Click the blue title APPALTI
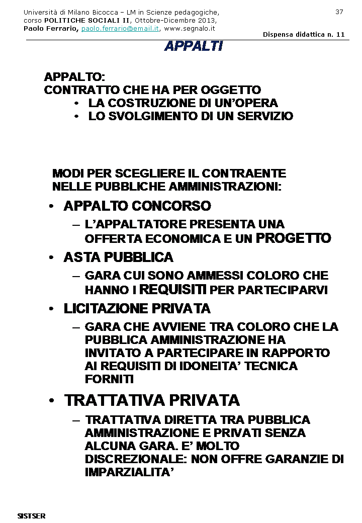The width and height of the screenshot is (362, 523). [x=193, y=46]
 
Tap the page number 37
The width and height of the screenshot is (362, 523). [x=339, y=12]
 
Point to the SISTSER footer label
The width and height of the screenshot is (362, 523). [x=32, y=516]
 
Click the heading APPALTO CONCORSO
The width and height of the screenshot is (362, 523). [x=137, y=206]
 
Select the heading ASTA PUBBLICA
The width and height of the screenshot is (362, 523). [x=118, y=257]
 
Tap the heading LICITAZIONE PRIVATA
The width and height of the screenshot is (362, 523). [x=137, y=308]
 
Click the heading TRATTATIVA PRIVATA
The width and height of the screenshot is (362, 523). [x=152, y=400]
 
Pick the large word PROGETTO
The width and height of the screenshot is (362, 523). [x=294, y=238]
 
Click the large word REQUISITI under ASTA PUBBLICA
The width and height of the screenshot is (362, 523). [x=172, y=290]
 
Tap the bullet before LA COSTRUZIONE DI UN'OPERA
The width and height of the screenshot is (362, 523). [x=76, y=104]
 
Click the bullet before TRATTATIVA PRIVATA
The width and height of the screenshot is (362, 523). [x=51, y=401]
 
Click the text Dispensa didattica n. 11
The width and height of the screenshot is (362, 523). [x=303, y=34]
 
